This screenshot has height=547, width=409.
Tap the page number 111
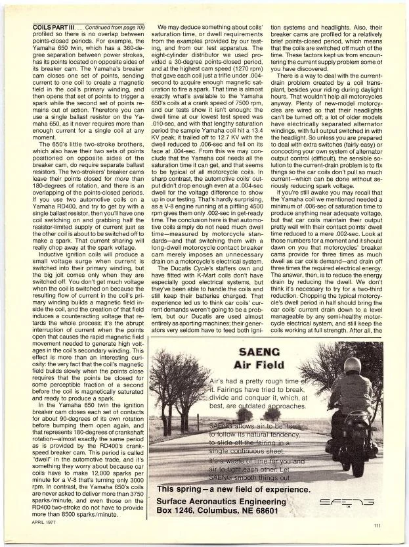pos(377,525)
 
